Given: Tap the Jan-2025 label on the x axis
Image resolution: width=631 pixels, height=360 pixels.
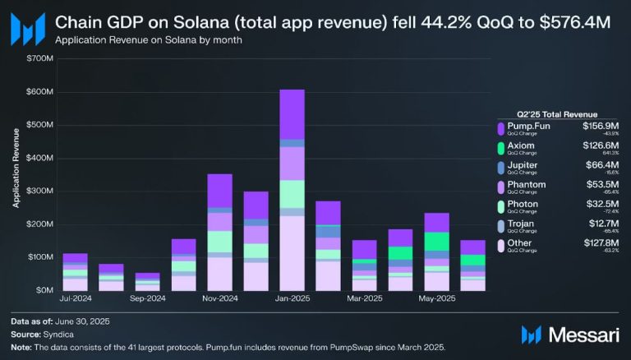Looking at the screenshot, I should point(291,299).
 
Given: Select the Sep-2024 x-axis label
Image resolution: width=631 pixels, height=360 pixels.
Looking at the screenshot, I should point(147,299).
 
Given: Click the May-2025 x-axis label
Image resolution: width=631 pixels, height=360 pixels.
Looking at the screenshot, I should point(436,299).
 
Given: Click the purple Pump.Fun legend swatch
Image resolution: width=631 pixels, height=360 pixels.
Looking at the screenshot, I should point(500,128).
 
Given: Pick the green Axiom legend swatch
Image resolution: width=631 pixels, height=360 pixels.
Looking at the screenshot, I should point(500,148).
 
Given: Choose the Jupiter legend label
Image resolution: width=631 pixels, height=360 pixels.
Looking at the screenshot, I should point(522,165).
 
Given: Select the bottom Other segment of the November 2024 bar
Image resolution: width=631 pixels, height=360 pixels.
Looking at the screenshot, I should point(219,274).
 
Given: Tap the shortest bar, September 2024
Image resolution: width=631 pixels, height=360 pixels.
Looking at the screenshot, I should point(148,281).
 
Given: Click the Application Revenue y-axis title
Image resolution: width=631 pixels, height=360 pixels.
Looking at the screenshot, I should point(16,174).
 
